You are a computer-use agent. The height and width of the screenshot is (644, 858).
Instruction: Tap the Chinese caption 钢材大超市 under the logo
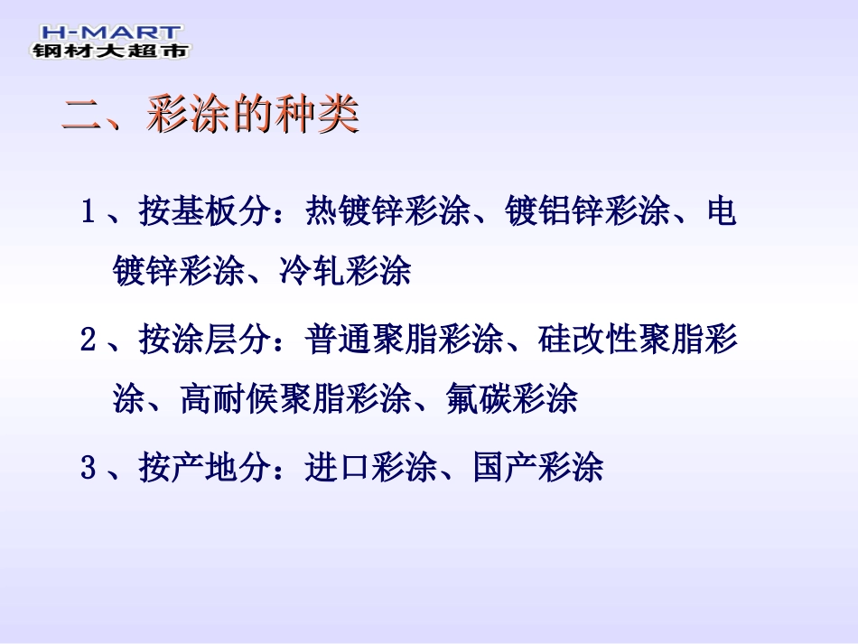[110, 51]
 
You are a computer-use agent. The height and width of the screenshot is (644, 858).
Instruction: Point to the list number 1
[89, 213]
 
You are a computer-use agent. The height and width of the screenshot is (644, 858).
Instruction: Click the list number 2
[89, 341]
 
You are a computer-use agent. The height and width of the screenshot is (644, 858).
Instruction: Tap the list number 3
[89, 469]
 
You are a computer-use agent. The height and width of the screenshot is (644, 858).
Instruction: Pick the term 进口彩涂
[371, 469]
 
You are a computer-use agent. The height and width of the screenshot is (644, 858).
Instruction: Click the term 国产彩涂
[538, 469]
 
